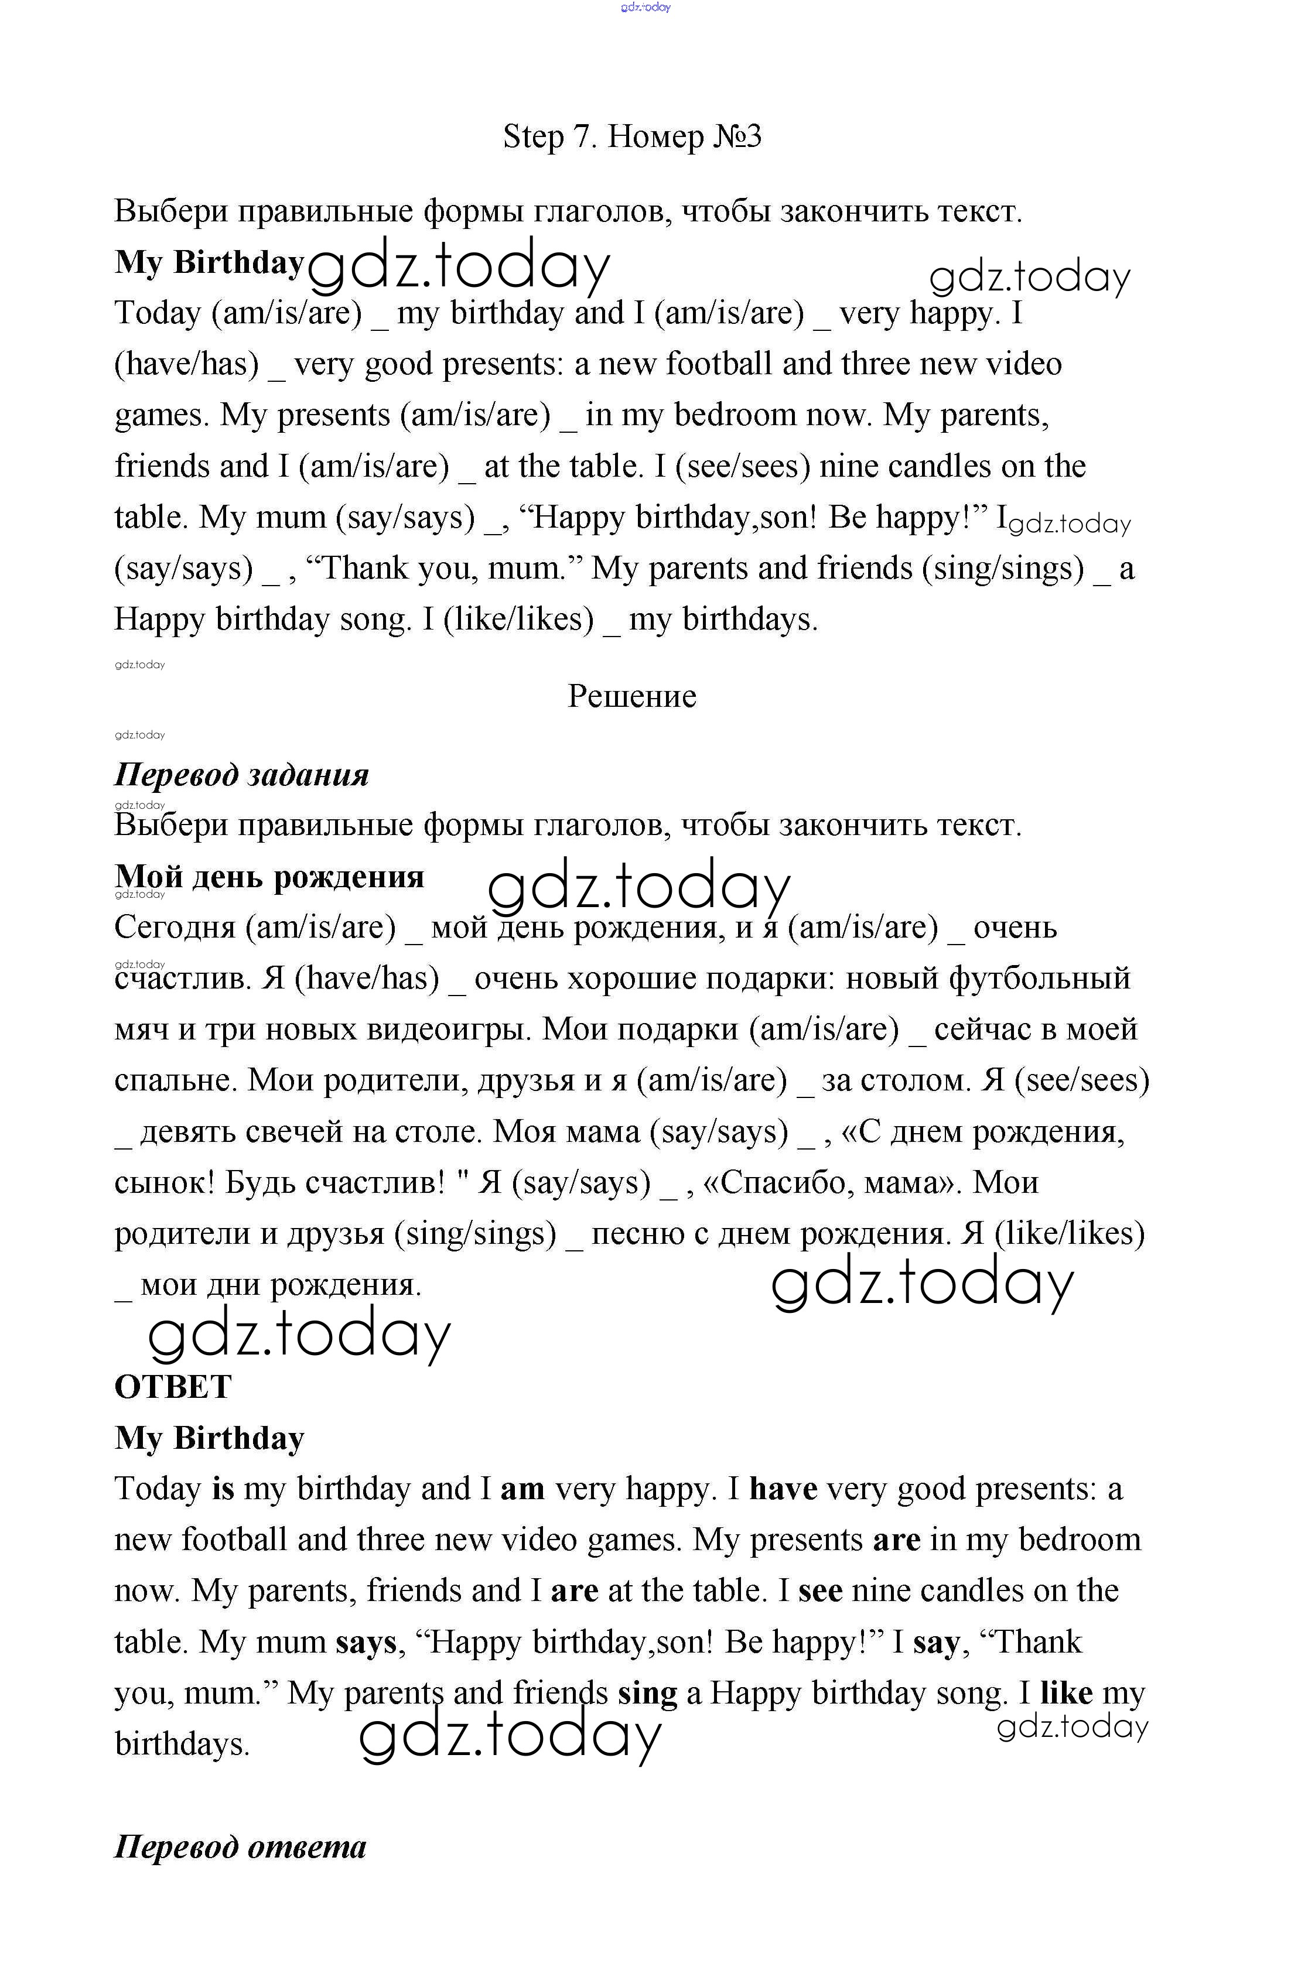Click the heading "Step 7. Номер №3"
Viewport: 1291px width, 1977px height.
[x=631, y=136]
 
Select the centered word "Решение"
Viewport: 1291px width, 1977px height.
[x=631, y=696]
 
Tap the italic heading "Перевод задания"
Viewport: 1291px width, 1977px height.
[x=241, y=775]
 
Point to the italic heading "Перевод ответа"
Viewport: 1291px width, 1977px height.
[x=240, y=1846]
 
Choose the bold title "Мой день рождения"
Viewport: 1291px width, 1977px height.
[x=269, y=877]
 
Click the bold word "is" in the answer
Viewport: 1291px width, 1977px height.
[x=224, y=1489]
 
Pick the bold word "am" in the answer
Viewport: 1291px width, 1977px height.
[x=522, y=1489]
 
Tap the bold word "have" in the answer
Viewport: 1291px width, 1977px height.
[x=783, y=1489]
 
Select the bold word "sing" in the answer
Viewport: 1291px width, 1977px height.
[x=647, y=1694]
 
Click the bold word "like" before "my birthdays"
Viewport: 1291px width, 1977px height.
[x=1066, y=1694]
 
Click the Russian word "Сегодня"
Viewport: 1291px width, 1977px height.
[x=175, y=928]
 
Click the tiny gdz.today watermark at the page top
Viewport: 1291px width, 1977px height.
[x=645, y=8]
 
